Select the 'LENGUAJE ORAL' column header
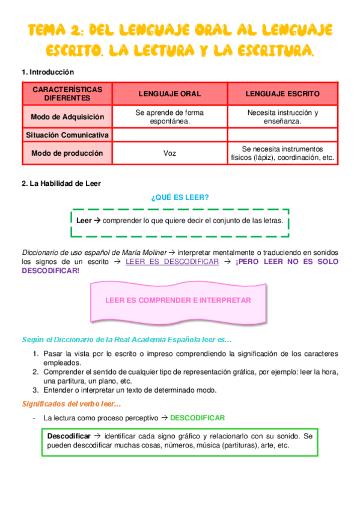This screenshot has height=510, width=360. (x=169, y=94)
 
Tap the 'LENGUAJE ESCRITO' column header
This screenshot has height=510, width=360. (x=282, y=94)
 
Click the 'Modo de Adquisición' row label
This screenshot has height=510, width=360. (x=67, y=117)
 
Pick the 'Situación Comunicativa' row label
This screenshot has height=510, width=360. (x=67, y=135)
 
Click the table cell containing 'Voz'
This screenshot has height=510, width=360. (x=169, y=153)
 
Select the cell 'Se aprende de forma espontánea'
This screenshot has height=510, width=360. (x=169, y=117)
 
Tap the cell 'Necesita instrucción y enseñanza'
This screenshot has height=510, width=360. (x=282, y=117)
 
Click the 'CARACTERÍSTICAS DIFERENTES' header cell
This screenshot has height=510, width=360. (x=67, y=94)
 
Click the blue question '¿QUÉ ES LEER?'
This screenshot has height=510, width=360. (x=180, y=197)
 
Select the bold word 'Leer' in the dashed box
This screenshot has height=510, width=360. (x=84, y=221)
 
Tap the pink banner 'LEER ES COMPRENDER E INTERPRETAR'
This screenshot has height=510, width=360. (x=177, y=300)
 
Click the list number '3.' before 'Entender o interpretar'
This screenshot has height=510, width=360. (x=36, y=390)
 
